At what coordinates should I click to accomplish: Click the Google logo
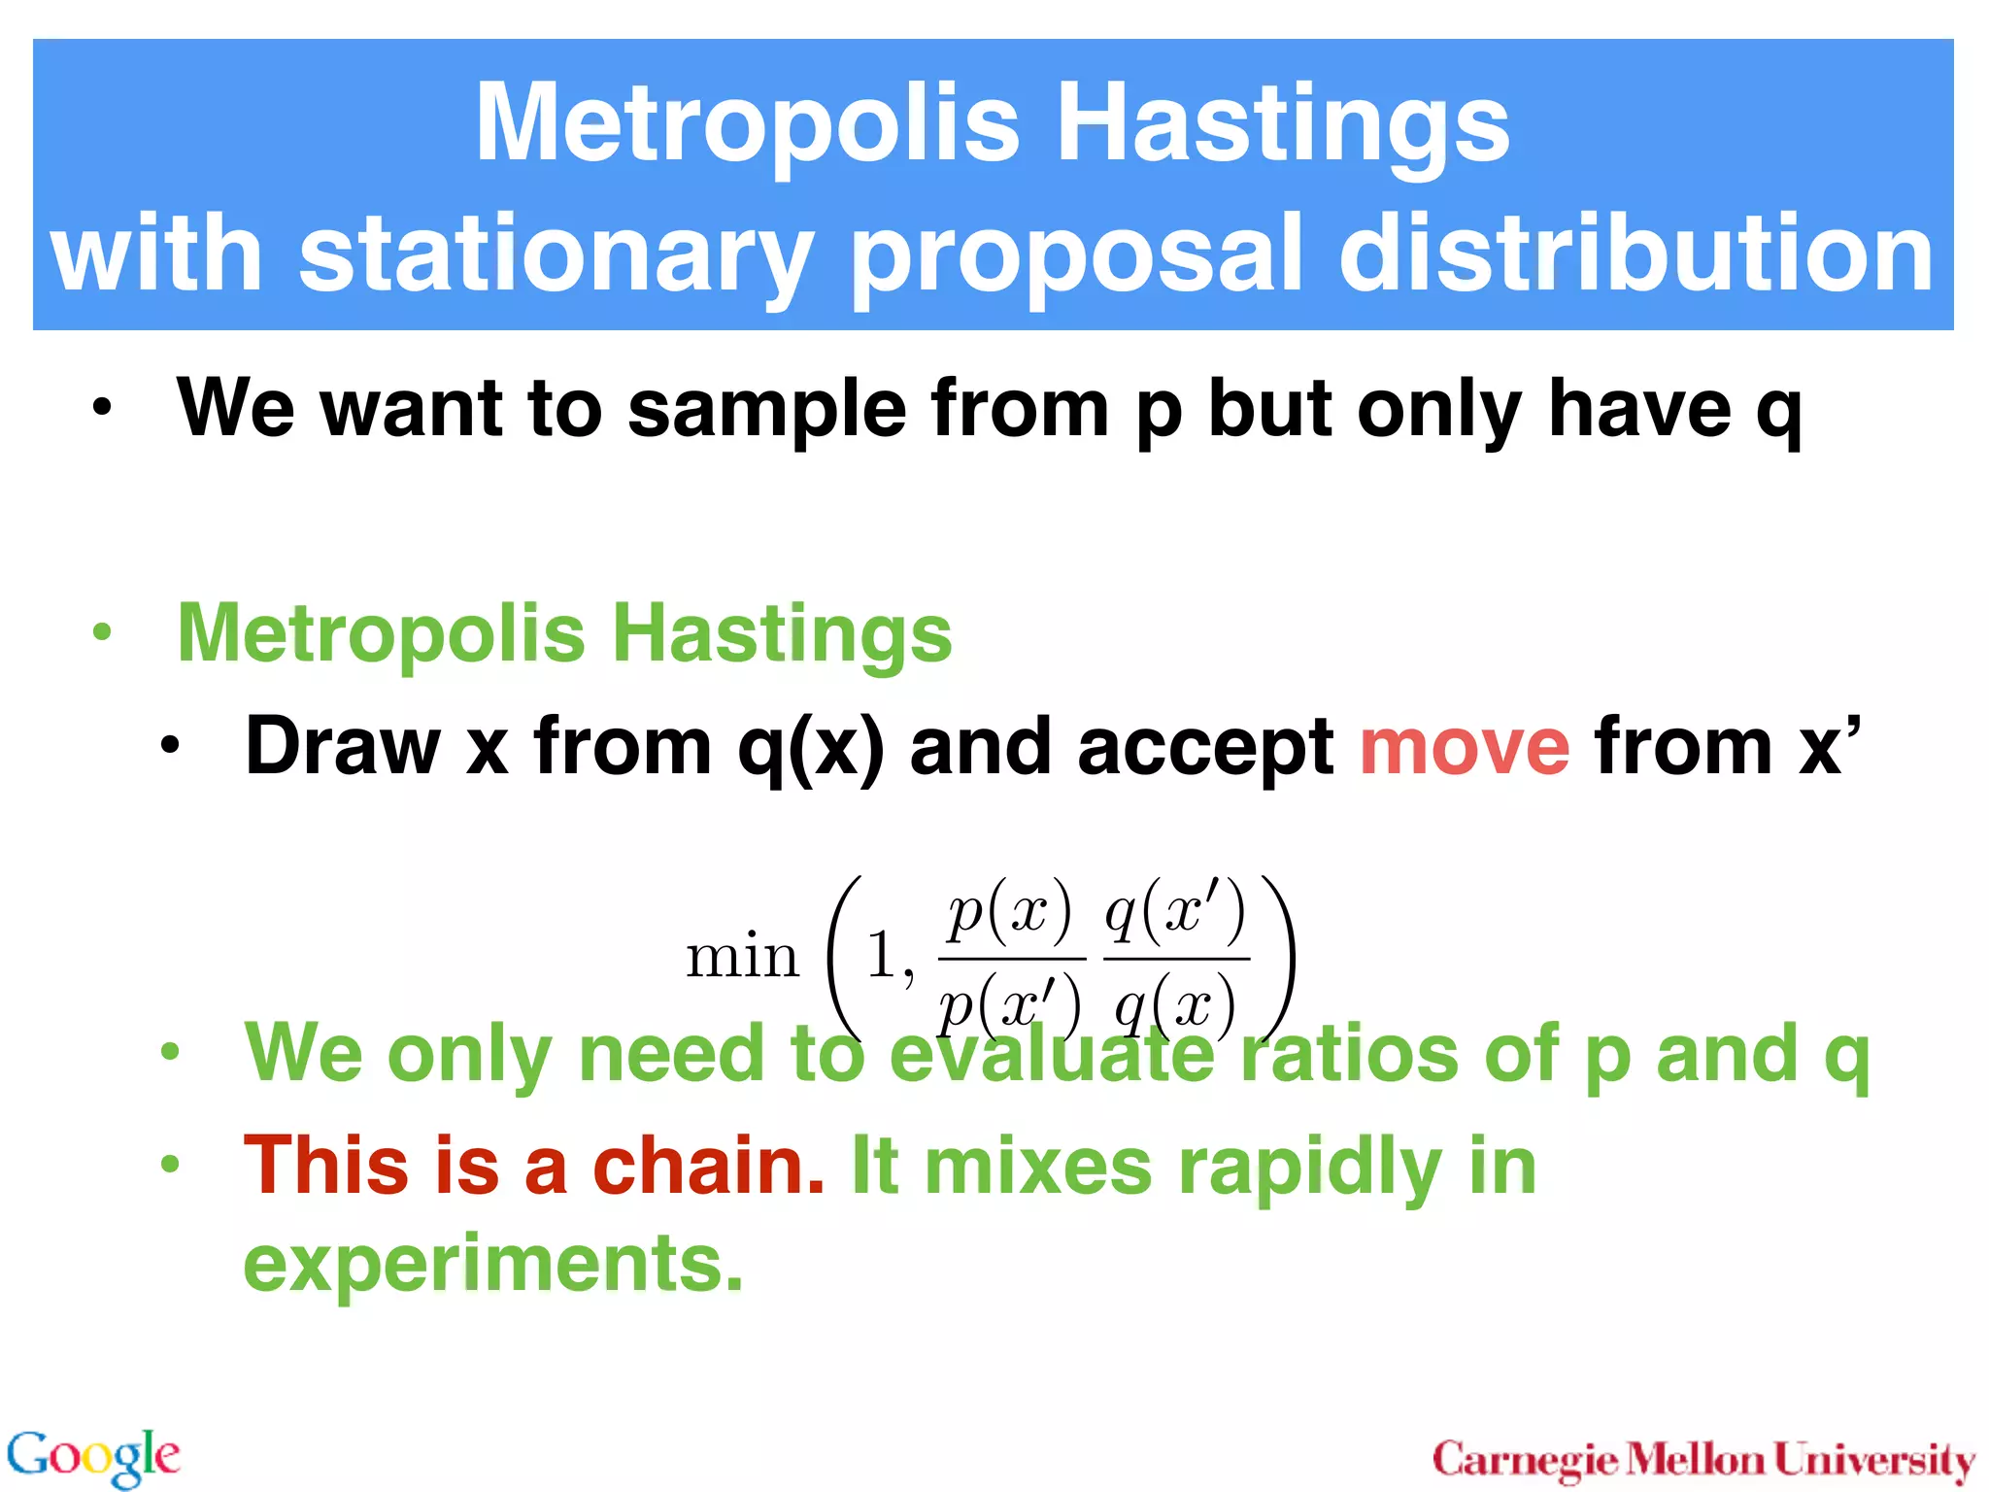click(x=93, y=1456)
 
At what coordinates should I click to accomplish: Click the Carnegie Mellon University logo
click(x=1703, y=1459)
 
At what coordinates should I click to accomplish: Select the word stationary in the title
click(x=556, y=255)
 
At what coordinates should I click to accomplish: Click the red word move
click(x=1464, y=746)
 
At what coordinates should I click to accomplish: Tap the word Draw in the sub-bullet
click(x=343, y=746)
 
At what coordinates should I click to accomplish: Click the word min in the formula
click(x=743, y=957)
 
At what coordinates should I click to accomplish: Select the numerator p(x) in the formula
click(x=1010, y=913)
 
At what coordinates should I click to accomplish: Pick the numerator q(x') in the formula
click(x=1175, y=913)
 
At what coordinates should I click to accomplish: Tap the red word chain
click(x=708, y=1165)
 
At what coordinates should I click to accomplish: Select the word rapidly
click(x=1309, y=1167)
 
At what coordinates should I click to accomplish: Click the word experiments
click(x=492, y=1264)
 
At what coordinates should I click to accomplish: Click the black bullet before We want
click(x=102, y=409)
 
